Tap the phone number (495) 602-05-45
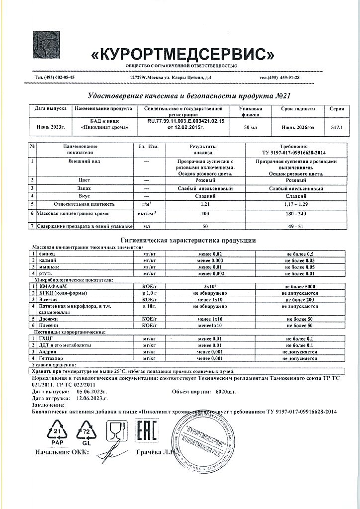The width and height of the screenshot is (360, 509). [x=55, y=78]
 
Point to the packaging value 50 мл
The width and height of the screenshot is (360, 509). [x=247, y=128]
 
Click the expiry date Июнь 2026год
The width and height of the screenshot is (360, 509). [x=298, y=128]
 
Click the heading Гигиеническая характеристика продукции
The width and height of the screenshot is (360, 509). [x=188, y=240]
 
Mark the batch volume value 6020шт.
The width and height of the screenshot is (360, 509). [x=225, y=391]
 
